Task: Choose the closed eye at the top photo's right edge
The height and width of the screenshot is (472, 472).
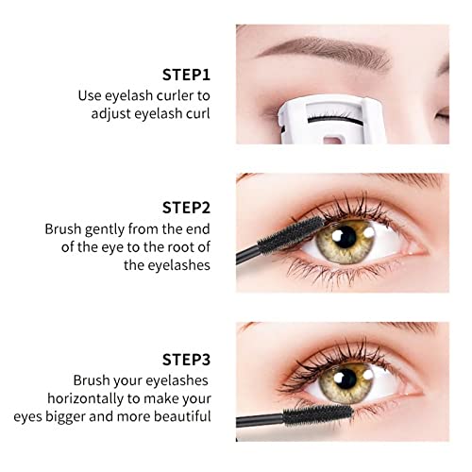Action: click(455, 115)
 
